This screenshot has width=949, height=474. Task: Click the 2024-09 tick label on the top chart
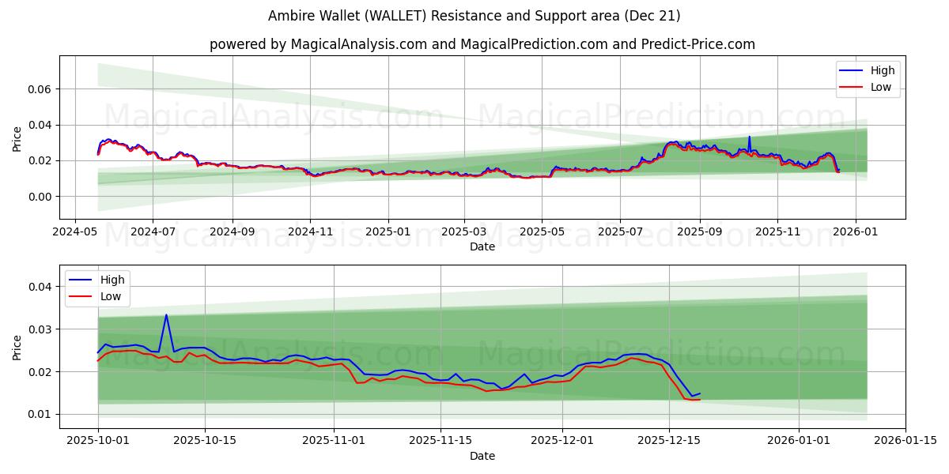click(233, 232)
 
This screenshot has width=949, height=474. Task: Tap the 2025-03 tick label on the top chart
click(464, 232)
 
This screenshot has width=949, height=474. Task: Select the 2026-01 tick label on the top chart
click(856, 232)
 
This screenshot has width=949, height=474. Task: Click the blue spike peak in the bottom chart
click(166, 315)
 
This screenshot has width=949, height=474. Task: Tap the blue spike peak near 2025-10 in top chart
click(750, 137)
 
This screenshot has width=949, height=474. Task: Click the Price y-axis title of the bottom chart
click(17, 347)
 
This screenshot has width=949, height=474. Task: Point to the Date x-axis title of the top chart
click(482, 246)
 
